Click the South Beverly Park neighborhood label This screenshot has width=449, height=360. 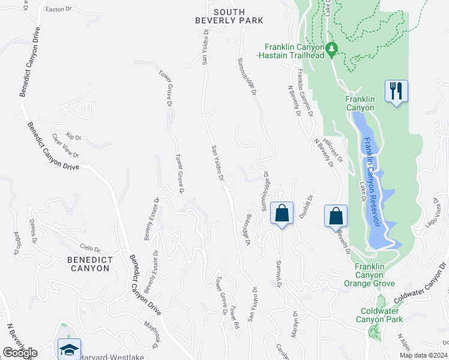point(229,16)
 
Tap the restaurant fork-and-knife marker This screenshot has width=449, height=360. point(396,91)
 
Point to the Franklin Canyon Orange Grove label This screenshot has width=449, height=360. point(375,275)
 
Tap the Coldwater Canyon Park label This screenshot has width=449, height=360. point(381,315)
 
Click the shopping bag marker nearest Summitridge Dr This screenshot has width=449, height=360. point(281,213)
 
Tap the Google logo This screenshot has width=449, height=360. point(19,353)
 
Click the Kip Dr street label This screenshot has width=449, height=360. point(73,137)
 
